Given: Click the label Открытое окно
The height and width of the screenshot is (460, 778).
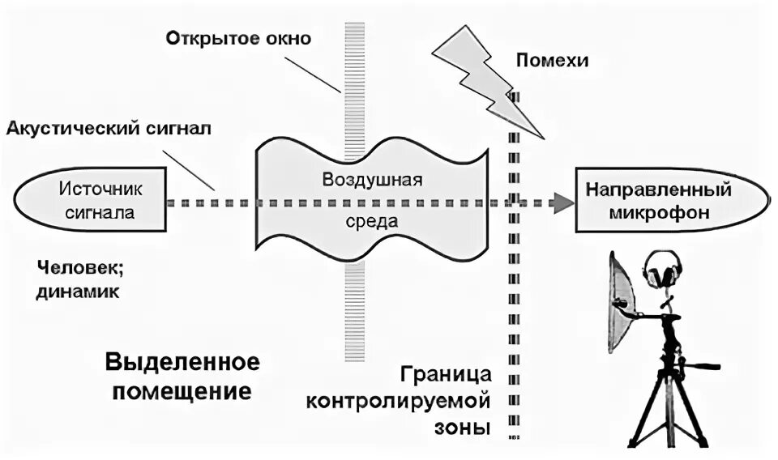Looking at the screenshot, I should pyautogui.click(x=239, y=39).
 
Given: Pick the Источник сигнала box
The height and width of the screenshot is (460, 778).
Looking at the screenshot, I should pyautogui.click(x=91, y=202).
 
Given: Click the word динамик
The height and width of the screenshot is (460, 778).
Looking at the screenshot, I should pyautogui.click(x=78, y=292).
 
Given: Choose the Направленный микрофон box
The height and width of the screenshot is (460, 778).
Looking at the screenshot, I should pyautogui.click(x=669, y=202).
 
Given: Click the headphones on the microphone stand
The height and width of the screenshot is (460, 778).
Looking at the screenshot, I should pyautogui.click(x=661, y=270).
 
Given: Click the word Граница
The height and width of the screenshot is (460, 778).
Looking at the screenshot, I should pyautogui.click(x=447, y=375).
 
